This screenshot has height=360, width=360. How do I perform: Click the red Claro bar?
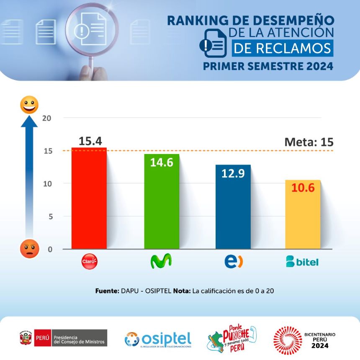(89, 199)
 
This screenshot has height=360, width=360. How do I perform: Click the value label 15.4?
(90, 141)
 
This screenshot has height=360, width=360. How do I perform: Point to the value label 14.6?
(162, 162)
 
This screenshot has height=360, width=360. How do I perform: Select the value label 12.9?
(233, 173)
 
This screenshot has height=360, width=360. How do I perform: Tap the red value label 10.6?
(303, 188)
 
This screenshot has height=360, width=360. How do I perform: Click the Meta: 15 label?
(309, 142)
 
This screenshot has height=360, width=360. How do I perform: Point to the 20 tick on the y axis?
(46, 118)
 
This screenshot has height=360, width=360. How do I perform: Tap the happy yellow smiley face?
(29, 105)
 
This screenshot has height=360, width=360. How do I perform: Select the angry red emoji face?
(29, 249)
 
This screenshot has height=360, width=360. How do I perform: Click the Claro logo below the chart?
(89, 262)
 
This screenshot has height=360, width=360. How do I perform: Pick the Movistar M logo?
(161, 262)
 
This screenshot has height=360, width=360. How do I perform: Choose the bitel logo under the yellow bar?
(302, 262)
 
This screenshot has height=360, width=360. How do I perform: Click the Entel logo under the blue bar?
(233, 262)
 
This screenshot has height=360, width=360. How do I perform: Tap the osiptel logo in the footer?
(158, 339)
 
